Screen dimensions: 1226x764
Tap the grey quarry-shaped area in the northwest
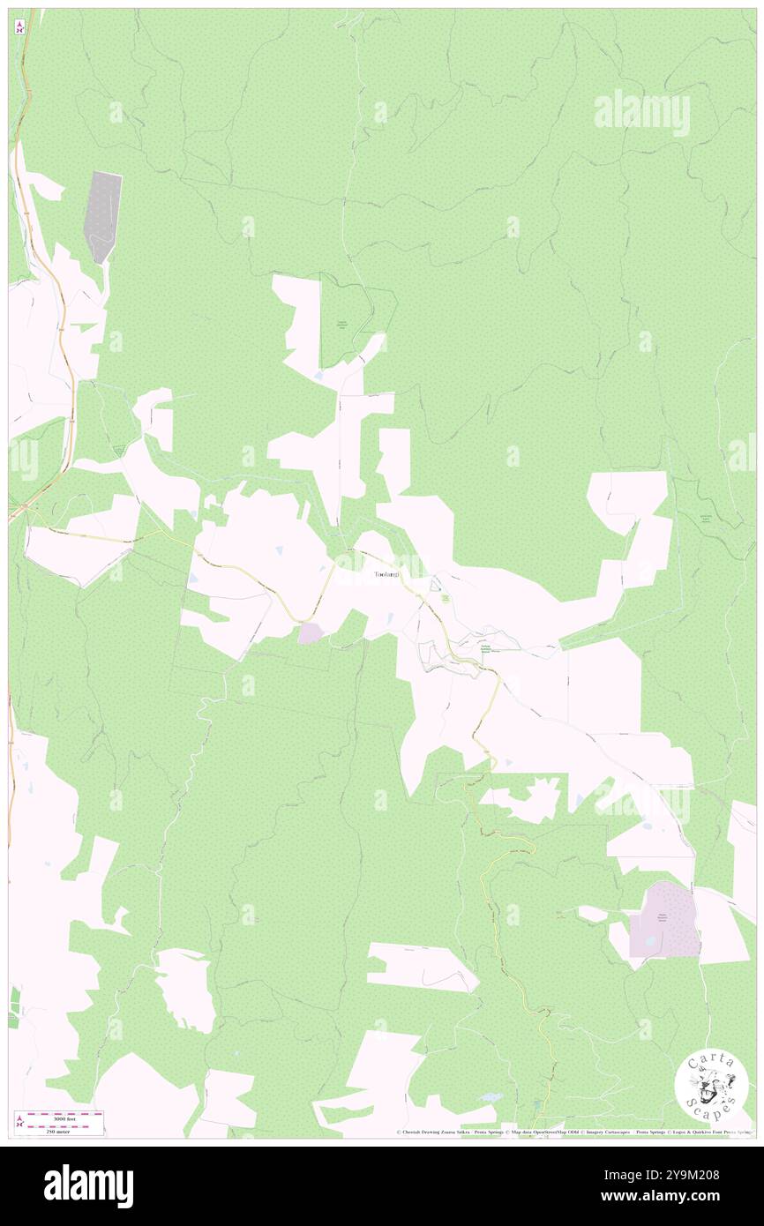(102, 215)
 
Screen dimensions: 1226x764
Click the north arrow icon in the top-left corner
(19, 27)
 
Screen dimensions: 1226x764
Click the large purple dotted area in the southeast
(664, 920)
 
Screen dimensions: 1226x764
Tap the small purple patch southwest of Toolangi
(311, 632)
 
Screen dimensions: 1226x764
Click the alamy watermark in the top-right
(642, 113)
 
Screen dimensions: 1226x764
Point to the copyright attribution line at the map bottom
(573, 1133)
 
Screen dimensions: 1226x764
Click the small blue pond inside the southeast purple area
(650, 942)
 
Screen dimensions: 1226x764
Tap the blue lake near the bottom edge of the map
(491, 1097)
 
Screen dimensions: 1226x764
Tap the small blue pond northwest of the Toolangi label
(280, 550)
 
